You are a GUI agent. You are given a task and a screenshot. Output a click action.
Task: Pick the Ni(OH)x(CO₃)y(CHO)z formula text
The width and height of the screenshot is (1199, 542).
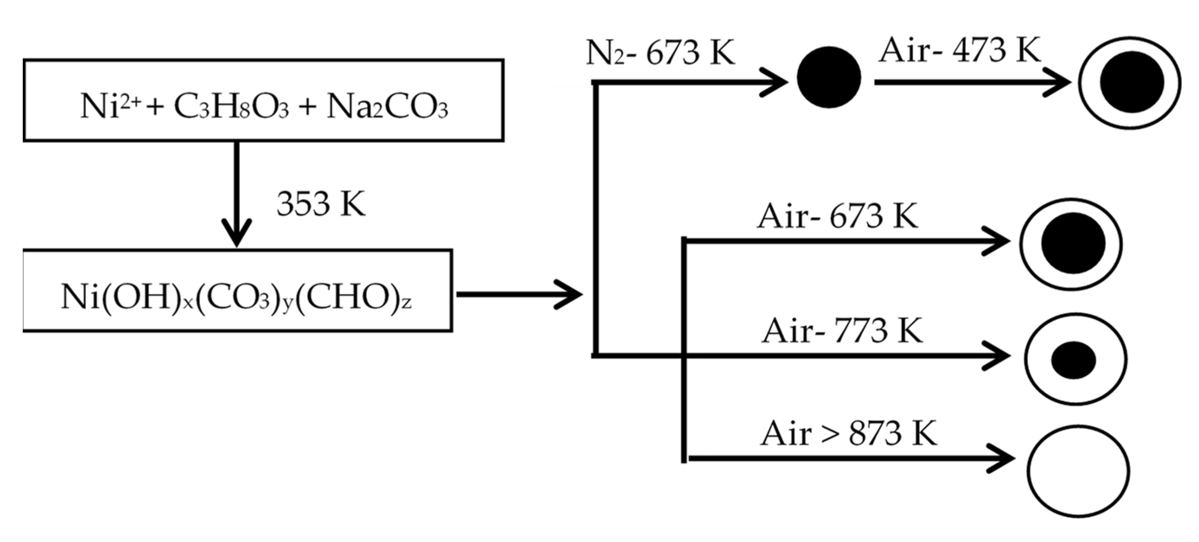click(x=236, y=297)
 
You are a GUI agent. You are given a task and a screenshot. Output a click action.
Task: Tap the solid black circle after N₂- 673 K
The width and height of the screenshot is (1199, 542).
click(x=829, y=77)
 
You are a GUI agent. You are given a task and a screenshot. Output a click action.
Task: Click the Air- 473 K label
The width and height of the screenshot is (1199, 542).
click(x=959, y=50)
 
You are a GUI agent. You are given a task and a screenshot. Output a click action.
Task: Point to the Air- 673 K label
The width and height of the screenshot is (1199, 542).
click(x=838, y=216)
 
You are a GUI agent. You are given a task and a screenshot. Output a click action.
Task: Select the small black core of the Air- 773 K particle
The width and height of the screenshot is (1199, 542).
click(x=1074, y=360)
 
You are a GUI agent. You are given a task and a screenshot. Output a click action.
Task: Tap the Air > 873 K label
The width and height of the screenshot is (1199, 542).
click(x=848, y=434)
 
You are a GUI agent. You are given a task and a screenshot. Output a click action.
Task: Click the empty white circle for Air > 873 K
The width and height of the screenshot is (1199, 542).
click(x=1078, y=471)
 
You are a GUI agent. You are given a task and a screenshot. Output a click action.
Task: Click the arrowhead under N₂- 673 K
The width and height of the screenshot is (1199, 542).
click(x=775, y=83)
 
